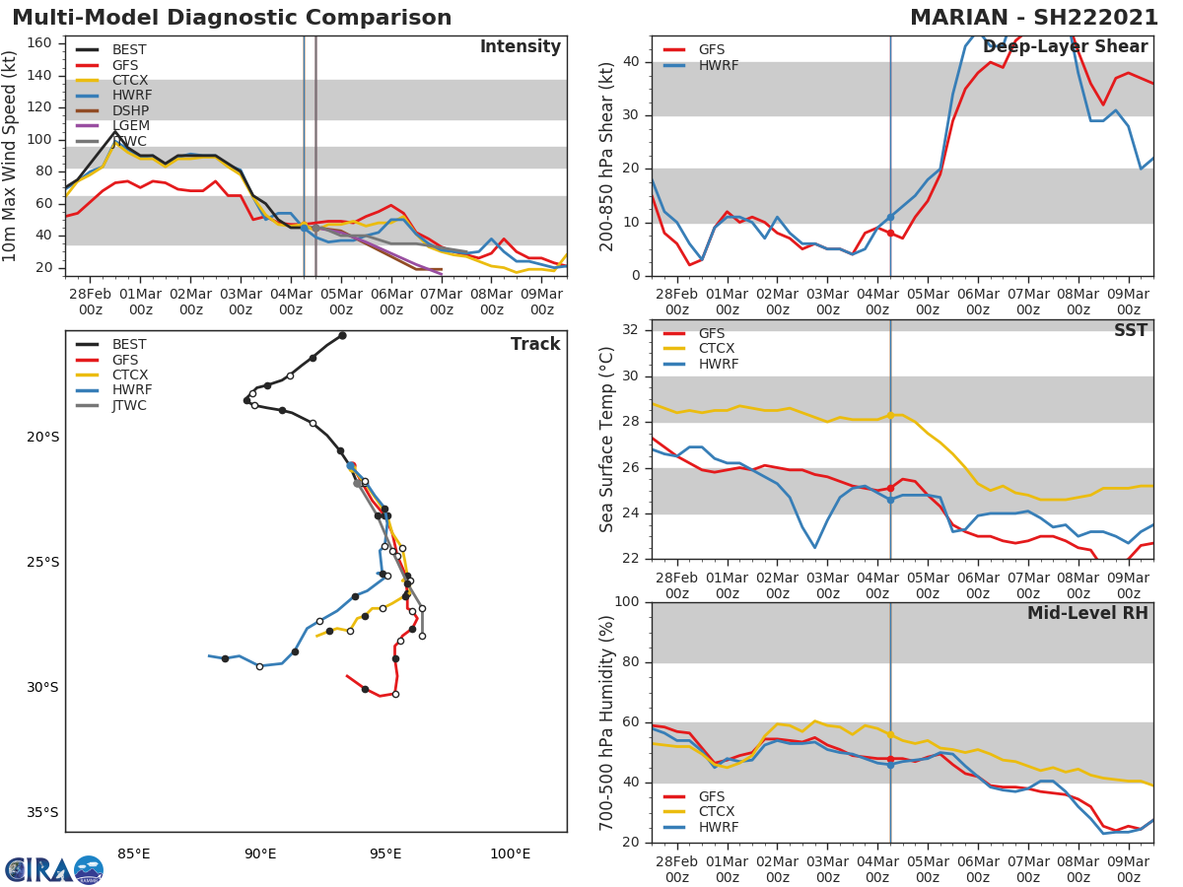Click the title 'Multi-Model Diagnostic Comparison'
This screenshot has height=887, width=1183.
[x=232, y=18]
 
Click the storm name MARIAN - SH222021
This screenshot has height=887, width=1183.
[x=1033, y=18]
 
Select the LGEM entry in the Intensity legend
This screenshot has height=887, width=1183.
[x=130, y=125]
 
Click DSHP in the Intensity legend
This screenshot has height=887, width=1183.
[x=130, y=110]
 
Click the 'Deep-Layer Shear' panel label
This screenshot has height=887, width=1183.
[x=1065, y=47]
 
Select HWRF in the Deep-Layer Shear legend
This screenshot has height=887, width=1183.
[x=718, y=65]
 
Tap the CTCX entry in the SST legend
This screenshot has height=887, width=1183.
[x=718, y=349]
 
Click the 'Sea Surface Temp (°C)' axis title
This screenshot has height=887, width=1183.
[x=607, y=439]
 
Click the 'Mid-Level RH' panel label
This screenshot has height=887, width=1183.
[x=1087, y=614]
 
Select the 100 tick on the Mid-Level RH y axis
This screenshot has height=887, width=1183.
[x=626, y=602]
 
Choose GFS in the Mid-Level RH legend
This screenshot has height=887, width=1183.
[x=712, y=796]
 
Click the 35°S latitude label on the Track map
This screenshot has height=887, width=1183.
[x=42, y=813]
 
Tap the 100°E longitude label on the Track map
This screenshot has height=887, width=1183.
[x=510, y=854]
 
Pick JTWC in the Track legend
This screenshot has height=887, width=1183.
[x=129, y=405]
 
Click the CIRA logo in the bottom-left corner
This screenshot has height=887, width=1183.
[x=54, y=869]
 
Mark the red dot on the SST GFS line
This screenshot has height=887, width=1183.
[x=890, y=488]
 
